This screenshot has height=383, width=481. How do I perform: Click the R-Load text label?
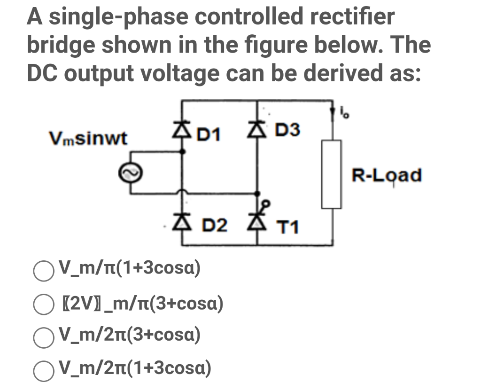tap(387, 175)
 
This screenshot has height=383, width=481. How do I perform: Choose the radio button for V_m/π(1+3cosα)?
tap(43, 271)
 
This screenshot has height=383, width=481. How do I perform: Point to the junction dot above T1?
tap(257, 193)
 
